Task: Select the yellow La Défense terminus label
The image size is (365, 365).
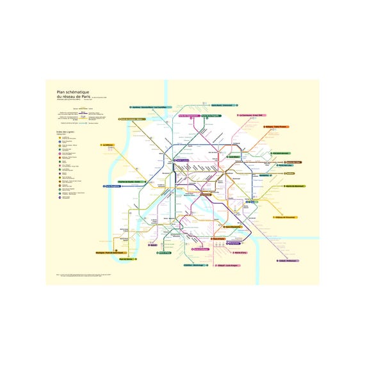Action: (x=108, y=145)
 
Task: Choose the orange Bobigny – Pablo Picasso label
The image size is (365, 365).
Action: (x=277, y=127)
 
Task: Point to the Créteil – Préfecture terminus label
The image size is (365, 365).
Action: (x=289, y=261)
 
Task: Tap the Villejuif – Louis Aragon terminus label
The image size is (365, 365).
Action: (x=229, y=265)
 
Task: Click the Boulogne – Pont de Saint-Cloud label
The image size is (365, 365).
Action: (x=109, y=252)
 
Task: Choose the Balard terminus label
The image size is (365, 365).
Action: (x=154, y=245)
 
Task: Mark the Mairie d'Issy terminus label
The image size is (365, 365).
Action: (x=164, y=253)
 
